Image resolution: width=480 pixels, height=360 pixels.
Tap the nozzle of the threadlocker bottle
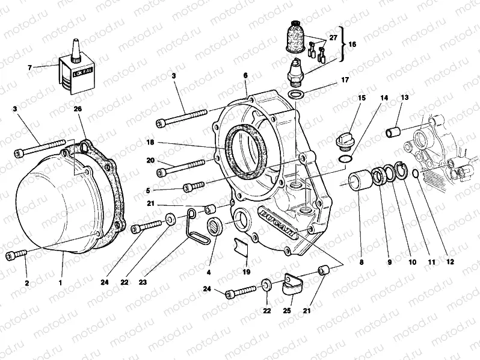click(77, 49)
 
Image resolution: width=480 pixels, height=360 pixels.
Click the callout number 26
click(77, 109)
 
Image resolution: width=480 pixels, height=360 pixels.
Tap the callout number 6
click(245, 75)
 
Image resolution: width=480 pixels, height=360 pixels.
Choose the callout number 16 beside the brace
click(352, 45)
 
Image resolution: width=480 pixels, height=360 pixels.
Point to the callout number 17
click(345, 79)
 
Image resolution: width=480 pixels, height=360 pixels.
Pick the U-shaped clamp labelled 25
click(291, 284)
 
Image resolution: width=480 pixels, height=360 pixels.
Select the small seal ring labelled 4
click(214, 228)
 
